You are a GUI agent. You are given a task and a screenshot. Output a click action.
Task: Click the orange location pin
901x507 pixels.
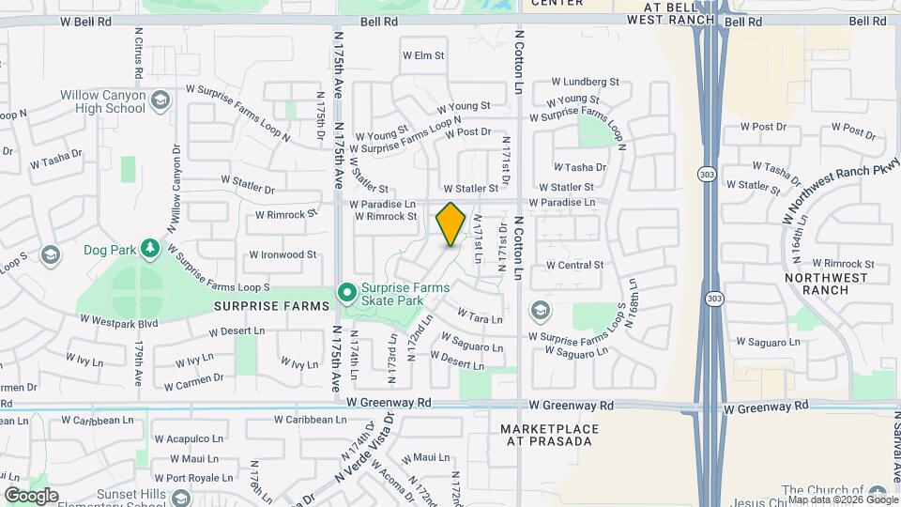pyautogui.click(x=450, y=223)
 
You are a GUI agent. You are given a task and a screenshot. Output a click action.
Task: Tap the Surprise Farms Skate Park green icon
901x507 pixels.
pyautogui.click(x=347, y=295)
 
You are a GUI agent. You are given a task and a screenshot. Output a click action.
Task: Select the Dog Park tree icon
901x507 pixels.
pyautogui.click(x=148, y=248)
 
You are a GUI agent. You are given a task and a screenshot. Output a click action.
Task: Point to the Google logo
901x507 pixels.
pyautogui.click(x=31, y=496)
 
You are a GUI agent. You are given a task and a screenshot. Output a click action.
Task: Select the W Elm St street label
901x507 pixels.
pyautogui.click(x=422, y=55)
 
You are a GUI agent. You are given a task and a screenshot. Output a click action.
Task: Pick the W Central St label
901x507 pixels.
pyautogui.click(x=573, y=265)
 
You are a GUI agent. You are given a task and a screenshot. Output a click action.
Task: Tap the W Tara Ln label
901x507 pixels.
pyautogui.click(x=480, y=316)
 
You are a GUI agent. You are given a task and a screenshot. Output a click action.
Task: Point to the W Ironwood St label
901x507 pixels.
pyautogui.click(x=283, y=254)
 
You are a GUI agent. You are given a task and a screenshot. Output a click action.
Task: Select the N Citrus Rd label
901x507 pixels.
pyautogui.click(x=138, y=52)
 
